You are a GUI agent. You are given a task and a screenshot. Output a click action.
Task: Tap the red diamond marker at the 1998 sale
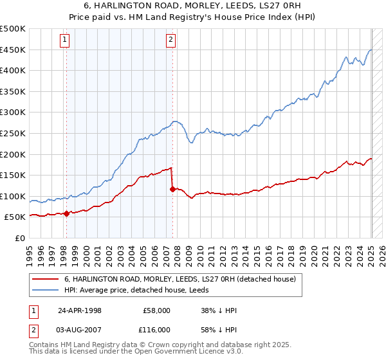pyautogui.click(x=66, y=214)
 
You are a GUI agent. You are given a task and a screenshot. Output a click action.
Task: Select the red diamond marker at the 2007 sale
pyautogui.click(x=172, y=190)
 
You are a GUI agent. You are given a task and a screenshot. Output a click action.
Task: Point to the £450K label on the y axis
pyautogui.click(x=14, y=50)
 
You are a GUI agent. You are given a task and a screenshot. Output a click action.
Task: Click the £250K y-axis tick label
pyautogui.click(x=14, y=133)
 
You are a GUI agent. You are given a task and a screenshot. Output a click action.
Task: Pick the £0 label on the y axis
pyautogui.click(x=20, y=238)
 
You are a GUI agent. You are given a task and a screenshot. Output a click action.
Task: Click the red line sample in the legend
pyautogui.click(x=46, y=280)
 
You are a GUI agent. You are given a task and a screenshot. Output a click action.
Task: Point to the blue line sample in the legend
pyautogui.click(x=46, y=291)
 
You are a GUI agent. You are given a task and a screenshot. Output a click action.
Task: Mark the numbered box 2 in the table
pyautogui.click(x=32, y=329)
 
